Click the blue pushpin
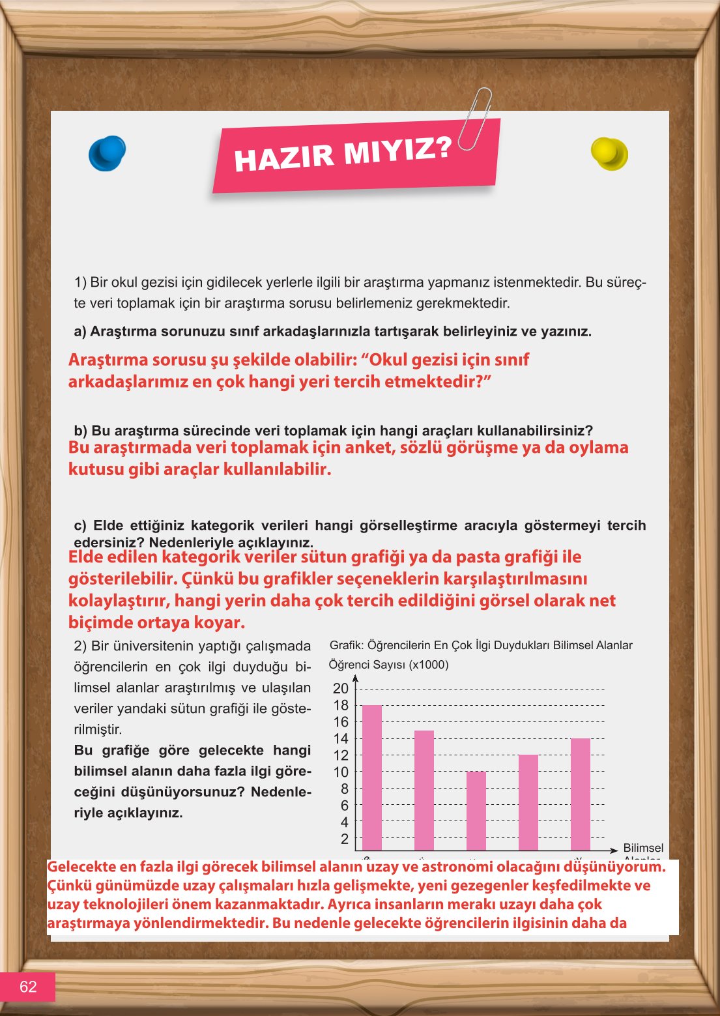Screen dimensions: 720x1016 (x=107, y=154)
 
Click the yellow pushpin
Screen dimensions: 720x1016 (x=609, y=154)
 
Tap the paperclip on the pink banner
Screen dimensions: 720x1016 (x=476, y=119)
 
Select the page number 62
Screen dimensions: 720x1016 (x=28, y=987)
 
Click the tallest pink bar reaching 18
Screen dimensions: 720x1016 (x=372, y=777)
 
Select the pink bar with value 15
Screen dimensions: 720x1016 (x=424, y=790)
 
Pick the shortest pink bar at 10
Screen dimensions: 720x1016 (x=476, y=811)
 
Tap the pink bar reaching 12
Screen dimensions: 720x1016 (x=528, y=802)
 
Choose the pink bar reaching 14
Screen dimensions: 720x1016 (x=581, y=794)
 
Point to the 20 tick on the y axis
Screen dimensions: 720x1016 (x=341, y=688)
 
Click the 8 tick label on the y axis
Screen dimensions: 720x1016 (x=345, y=789)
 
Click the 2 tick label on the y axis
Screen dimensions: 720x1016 (x=345, y=839)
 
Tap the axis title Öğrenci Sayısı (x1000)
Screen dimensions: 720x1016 (x=388, y=665)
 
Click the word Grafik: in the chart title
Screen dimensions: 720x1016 (x=347, y=645)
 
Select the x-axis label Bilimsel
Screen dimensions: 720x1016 (x=643, y=848)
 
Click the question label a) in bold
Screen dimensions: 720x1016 (x=80, y=332)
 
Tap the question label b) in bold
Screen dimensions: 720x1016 (x=81, y=431)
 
